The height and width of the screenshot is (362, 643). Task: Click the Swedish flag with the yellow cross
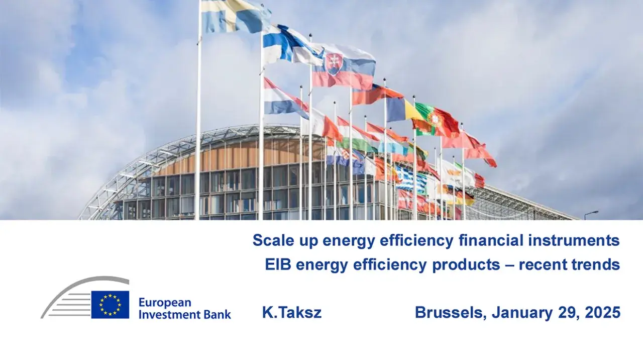(x=235, y=15)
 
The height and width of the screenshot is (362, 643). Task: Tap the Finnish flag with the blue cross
(x=290, y=45)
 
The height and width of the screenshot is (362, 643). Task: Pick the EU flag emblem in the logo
(x=110, y=305)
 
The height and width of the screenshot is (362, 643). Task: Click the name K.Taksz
(x=292, y=312)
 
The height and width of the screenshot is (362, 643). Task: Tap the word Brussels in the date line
(x=451, y=313)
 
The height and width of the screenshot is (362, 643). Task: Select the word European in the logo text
(x=165, y=303)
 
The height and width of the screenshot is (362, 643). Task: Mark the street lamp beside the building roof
(x=591, y=214)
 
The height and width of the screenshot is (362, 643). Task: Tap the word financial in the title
(x=491, y=240)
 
